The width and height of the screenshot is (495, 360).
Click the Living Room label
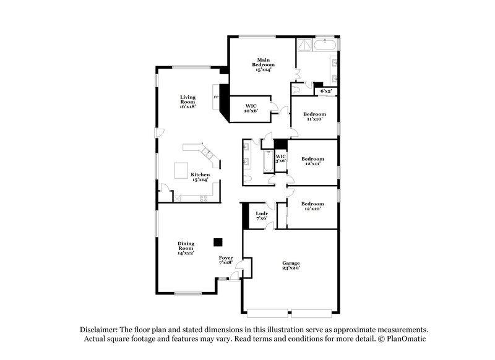pos(187,101)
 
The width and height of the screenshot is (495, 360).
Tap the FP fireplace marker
pos(216,97)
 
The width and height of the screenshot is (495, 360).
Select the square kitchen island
pos(181,170)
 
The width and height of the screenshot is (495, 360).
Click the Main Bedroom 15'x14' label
pos(263,64)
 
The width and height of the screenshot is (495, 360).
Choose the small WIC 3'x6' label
pos(280,158)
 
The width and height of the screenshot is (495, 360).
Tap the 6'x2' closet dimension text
pos(326,92)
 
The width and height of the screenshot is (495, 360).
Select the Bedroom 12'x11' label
pos(312,162)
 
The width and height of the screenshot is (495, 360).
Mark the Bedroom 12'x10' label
pos(312,207)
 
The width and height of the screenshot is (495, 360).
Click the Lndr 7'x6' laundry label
pos(261,216)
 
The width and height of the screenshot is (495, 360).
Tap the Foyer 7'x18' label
pos(226,260)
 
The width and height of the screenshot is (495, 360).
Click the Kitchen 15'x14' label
pos(200,178)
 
